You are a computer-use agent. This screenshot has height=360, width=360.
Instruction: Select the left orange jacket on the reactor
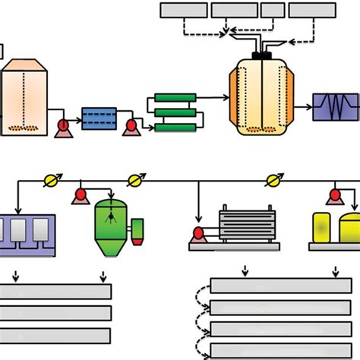coord(234,99)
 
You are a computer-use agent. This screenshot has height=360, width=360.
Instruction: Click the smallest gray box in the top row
coord(272,10)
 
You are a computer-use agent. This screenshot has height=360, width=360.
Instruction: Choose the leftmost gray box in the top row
coord(183,10)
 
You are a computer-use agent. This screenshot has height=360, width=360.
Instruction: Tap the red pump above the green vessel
coord(78,197)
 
